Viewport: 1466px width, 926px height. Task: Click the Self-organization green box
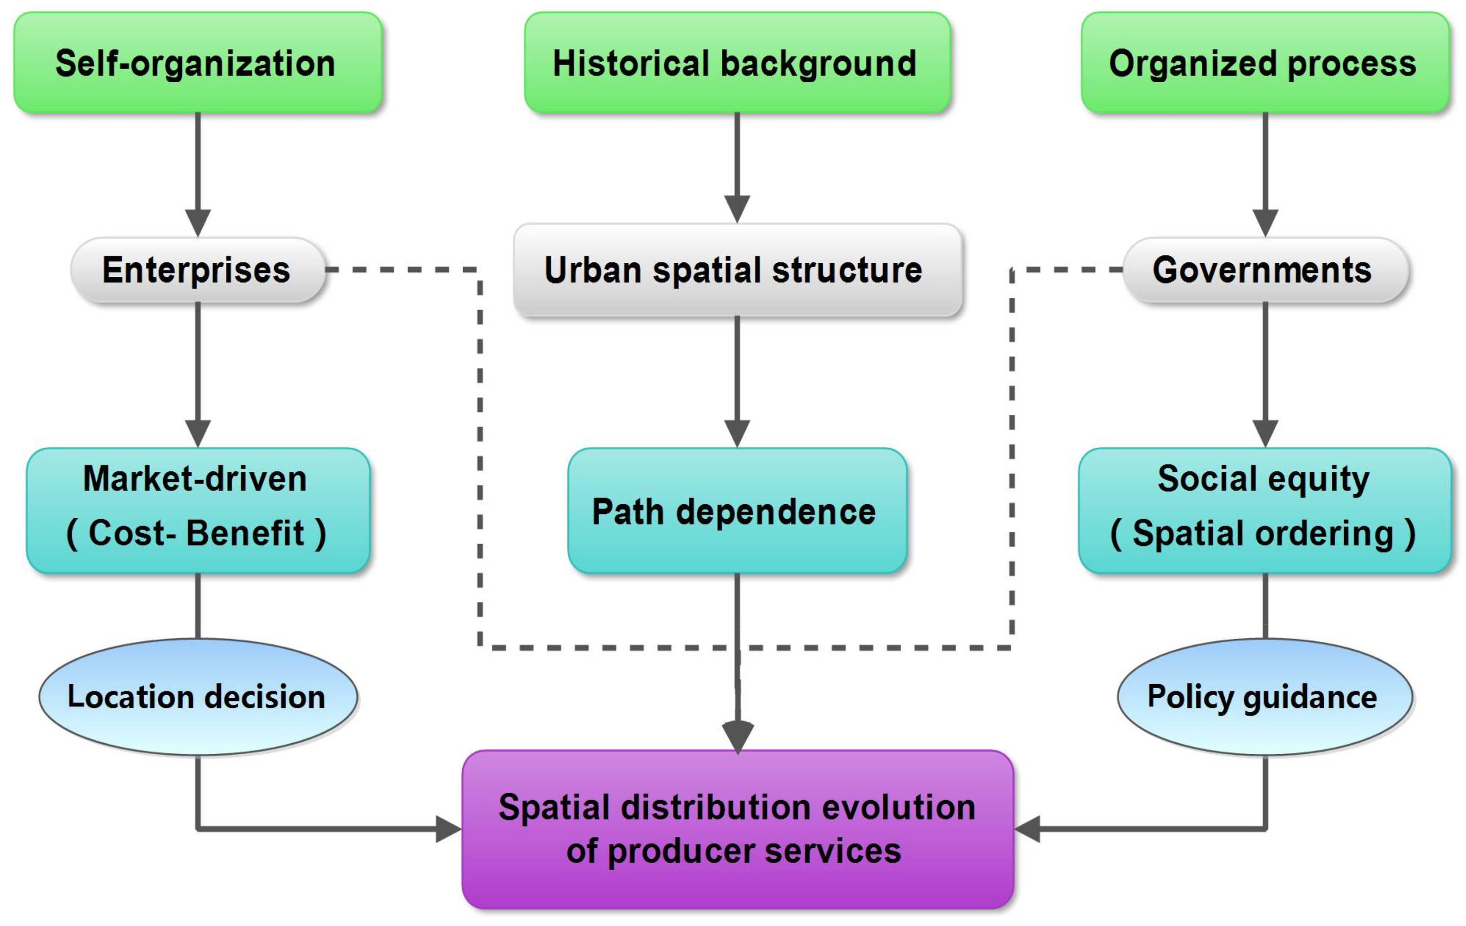198,63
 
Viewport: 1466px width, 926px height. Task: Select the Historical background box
737,63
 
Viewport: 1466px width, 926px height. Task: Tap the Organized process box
1265,63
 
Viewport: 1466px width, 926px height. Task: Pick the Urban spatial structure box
737,270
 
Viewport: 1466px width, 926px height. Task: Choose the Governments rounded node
1265,270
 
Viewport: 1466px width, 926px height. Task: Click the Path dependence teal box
737,511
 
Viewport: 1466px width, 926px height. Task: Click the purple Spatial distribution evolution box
737,829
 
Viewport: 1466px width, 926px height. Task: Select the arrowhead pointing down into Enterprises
198,222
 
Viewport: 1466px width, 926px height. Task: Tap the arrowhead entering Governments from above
1265,222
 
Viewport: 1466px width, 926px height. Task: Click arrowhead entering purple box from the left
449,829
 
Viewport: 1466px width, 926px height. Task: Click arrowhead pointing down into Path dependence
737,433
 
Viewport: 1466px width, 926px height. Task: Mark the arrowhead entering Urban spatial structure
737,209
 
